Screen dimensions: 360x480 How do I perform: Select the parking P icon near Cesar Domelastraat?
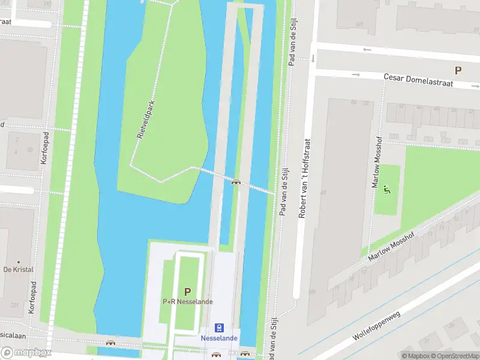pos(458,70)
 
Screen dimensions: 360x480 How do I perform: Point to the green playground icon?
pos(386,191)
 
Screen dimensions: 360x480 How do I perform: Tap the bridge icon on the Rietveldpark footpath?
pos(236,182)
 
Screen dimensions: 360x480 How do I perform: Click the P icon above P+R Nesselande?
pos(187,292)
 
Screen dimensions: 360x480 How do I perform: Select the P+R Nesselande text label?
pos(187,301)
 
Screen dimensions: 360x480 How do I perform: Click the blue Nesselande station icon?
pos(219,328)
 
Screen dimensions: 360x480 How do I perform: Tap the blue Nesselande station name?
pos(219,338)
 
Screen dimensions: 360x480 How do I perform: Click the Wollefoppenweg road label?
pos(384,317)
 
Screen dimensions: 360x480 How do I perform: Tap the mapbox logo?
pos(26,352)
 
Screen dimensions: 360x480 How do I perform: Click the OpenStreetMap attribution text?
pos(454,356)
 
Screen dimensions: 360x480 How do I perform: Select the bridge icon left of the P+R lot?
pos(110,343)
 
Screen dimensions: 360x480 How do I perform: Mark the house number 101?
pos(359,25)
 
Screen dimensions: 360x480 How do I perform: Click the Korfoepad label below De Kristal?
pos(32,298)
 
